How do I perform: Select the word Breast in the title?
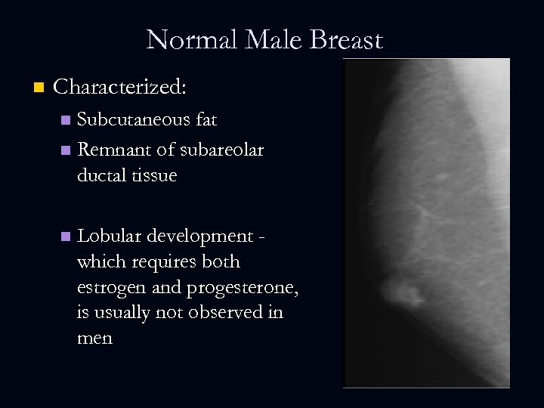tap(346, 39)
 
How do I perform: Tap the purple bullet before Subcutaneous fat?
tap(66, 120)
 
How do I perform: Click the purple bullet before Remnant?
tap(66, 150)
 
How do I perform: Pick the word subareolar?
tap(222, 150)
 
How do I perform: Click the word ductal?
tap(100, 175)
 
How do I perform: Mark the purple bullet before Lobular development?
tap(66, 236)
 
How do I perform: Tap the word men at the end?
tap(94, 338)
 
